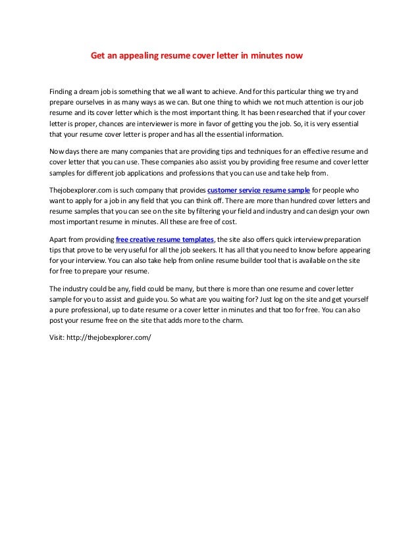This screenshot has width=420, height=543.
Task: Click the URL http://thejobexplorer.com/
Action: [x=110, y=342]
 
